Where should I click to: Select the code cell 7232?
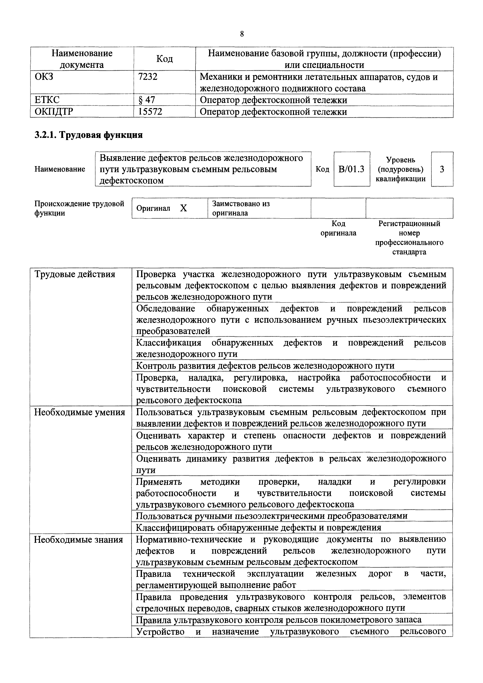click(148, 77)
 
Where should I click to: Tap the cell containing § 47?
click(147, 100)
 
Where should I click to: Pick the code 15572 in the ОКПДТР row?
click(150, 112)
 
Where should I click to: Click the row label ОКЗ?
click(44, 77)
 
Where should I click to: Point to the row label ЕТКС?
click(47, 100)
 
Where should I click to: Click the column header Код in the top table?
click(165, 59)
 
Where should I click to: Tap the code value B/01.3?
click(352, 169)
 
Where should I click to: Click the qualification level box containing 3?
click(442, 169)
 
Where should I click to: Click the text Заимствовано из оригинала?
click(241, 208)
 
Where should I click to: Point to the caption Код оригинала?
click(338, 228)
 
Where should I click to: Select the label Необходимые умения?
click(80, 412)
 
